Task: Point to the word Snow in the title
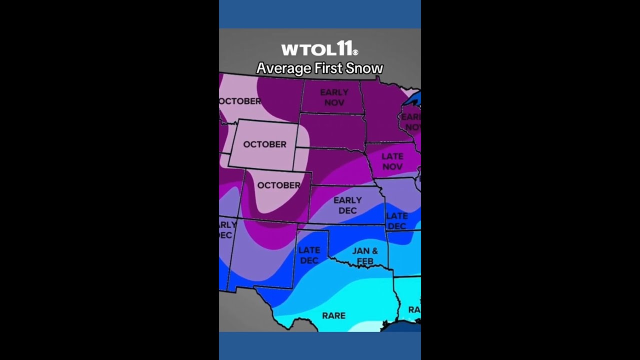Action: (365, 68)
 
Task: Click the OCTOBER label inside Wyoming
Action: (264, 144)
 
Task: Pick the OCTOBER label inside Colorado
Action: (278, 185)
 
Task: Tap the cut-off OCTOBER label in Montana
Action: (240, 101)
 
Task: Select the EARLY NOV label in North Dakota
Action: (334, 97)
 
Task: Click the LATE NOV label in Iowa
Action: (392, 161)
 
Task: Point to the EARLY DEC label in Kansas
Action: (347, 205)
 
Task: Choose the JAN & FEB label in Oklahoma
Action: (365, 255)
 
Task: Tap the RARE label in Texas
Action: (333, 315)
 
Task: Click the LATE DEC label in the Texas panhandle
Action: (309, 255)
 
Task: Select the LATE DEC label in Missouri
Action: (397, 220)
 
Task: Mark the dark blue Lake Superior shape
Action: (412, 99)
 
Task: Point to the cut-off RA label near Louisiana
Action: (414, 310)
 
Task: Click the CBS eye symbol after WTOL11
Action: (355, 52)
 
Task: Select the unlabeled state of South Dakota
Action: (332, 131)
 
